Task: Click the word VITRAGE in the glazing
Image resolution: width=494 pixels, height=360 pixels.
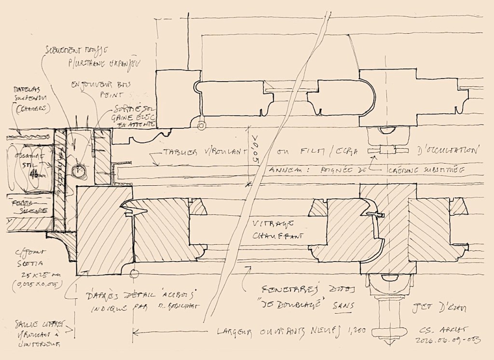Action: coord(270,224)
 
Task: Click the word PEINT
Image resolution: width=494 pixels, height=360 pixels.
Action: coord(109,96)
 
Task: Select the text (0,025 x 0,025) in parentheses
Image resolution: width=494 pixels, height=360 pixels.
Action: coord(30,284)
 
